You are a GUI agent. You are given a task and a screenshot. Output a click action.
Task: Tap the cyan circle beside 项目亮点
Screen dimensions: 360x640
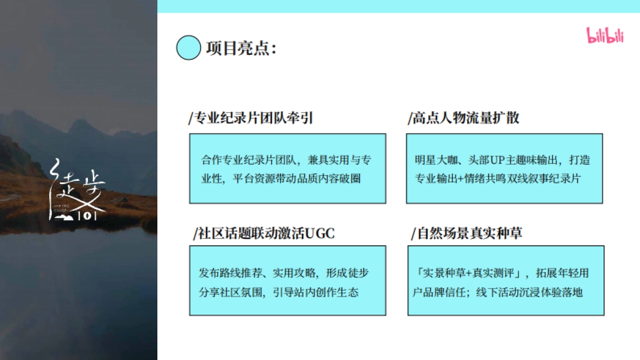(188, 47)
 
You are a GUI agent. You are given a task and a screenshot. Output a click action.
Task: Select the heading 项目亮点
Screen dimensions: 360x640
(241, 48)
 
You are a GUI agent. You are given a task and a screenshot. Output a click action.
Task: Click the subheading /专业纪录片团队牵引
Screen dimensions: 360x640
(251, 118)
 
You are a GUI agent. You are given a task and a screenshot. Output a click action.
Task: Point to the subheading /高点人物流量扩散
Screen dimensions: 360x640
(463, 118)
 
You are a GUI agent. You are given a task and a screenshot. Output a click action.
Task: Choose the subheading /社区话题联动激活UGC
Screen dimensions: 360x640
(264, 233)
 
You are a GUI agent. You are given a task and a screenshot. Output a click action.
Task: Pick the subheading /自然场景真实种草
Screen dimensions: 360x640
(467, 233)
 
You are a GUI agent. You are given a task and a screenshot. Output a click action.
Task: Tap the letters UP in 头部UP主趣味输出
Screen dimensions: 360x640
(476, 160)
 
